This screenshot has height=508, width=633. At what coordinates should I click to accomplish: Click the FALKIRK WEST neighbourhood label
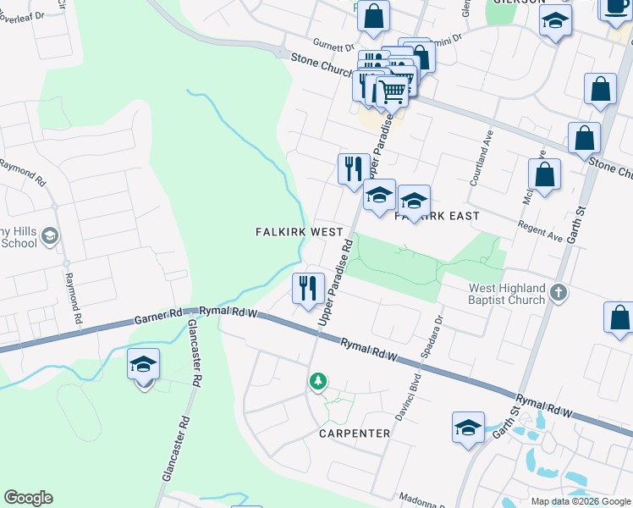coord(300,232)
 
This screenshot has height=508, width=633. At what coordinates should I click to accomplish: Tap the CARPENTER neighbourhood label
coord(355,433)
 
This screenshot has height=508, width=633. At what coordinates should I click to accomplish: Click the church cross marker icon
coord(557,294)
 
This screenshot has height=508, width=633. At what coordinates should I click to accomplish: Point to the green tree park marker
coord(317,383)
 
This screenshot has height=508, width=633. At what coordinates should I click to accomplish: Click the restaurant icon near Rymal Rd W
coord(307,288)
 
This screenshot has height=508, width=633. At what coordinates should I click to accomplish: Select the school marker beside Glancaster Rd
coord(143,365)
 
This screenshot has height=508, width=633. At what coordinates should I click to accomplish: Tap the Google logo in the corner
coord(28,498)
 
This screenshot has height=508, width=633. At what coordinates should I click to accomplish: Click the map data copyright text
coord(581,501)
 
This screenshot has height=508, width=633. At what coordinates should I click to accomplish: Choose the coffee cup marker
coord(615,7)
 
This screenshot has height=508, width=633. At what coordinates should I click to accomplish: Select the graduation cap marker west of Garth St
coord(467,428)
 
